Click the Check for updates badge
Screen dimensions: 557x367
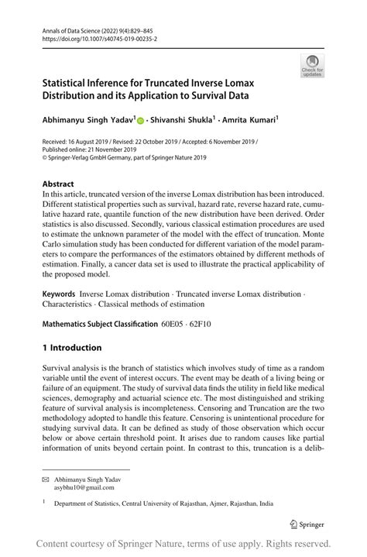314,67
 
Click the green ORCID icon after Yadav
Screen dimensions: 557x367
140,121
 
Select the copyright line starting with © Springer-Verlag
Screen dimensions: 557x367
124,157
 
